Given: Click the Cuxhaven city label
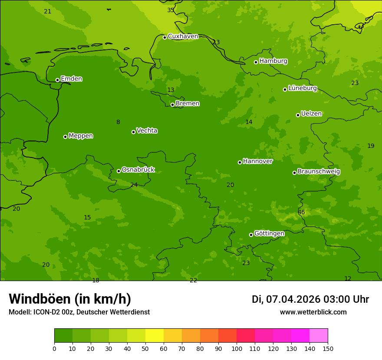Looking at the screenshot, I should [x=183, y=36].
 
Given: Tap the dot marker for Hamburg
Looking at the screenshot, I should [x=256, y=62].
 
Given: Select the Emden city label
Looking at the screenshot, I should [x=71, y=79].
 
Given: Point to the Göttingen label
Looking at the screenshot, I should [x=269, y=233].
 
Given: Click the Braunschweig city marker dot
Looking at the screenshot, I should [x=294, y=173].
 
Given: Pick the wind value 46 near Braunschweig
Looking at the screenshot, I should [x=301, y=212].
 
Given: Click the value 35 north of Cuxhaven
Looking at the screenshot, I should [x=171, y=10].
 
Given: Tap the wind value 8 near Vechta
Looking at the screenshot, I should [x=118, y=122].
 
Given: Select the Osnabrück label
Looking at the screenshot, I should [x=138, y=170].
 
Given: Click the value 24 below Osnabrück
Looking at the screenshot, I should [x=134, y=185].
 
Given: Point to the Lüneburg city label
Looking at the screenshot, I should [x=302, y=88].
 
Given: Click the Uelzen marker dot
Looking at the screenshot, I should [x=298, y=115].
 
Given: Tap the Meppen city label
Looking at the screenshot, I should [x=81, y=136].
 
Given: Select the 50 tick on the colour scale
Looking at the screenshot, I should [x=145, y=348].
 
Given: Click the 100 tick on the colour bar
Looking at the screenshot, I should [x=237, y=348].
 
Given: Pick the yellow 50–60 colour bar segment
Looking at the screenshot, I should [x=155, y=336].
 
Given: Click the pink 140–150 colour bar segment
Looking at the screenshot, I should [x=319, y=336].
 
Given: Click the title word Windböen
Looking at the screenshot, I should [x=40, y=299].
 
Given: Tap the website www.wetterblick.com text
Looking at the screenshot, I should [x=313, y=312].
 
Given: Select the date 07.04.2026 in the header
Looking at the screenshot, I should [x=293, y=299].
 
